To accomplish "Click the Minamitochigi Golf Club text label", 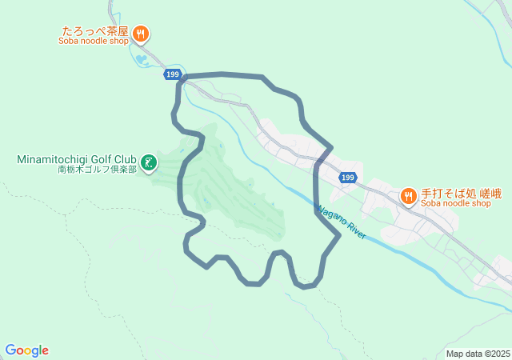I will (x=77, y=159).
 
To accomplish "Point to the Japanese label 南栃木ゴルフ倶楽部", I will (x=98, y=170).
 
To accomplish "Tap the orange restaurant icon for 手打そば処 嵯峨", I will (x=408, y=194).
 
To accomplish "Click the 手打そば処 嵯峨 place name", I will (x=455, y=193).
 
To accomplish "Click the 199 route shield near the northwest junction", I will (x=173, y=74).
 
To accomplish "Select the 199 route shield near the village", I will (x=346, y=178).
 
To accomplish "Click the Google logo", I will (x=27, y=350).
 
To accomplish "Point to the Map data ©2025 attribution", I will (x=478, y=354).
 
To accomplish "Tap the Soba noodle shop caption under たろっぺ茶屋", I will (x=94, y=42).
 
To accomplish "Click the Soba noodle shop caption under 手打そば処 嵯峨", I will (x=455, y=203).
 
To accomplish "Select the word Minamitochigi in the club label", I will (x=53, y=159).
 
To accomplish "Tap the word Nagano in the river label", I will (x=332, y=216).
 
